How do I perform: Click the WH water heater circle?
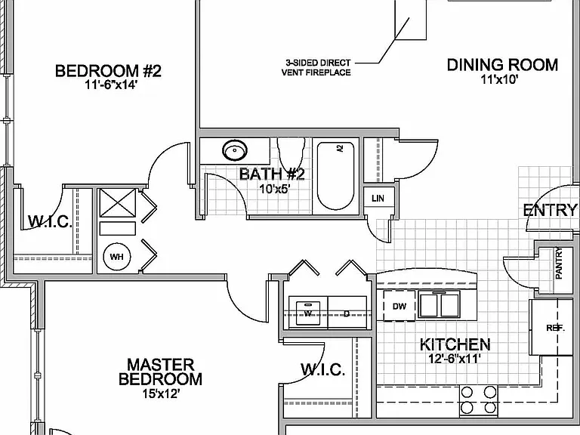117,256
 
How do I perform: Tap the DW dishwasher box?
399,306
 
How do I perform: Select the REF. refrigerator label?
555,328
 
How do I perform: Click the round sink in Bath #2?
235,150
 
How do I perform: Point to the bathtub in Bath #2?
335,176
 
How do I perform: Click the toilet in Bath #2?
291,154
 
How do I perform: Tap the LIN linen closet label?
378,199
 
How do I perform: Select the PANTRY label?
559,264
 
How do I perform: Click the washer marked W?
308,313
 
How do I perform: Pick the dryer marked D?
347,313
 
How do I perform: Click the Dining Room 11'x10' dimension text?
499,79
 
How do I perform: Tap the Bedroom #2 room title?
109,71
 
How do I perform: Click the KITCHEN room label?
455,344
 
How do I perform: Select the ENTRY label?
551,211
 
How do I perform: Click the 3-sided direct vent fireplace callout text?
316,68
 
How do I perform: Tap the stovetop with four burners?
479,400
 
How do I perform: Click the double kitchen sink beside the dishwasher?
439,305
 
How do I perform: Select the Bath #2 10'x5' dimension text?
274,190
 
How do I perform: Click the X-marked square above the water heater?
118,202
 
